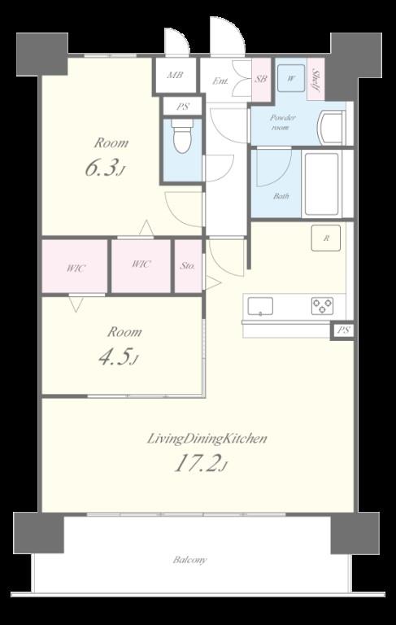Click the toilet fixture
coord(182,136)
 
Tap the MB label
coord(175,75)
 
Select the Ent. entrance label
coord(220,81)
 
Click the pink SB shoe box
coord(261,79)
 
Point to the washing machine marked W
coord(292,78)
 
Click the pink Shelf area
coord(316,79)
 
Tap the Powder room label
coord(283,122)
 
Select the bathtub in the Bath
coord(322,184)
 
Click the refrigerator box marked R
coord(326,238)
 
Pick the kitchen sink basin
coord(260,306)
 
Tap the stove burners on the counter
coord(322,306)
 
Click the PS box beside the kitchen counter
coord(343,331)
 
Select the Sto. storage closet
coord(188,266)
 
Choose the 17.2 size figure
coord(201,464)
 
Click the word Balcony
coord(189,560)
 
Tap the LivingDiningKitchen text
coord(207,439)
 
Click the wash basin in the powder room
coord(331,127)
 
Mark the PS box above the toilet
coord(183,107)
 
